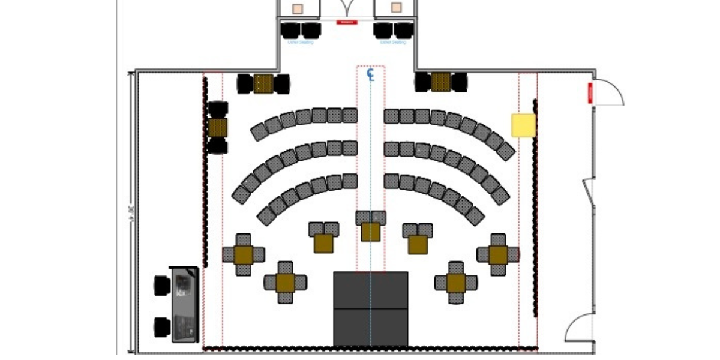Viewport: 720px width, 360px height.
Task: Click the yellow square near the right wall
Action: pos(523,125)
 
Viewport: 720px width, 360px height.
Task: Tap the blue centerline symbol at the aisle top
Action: pos(371,74)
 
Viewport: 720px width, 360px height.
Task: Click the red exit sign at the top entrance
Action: pos(347,22)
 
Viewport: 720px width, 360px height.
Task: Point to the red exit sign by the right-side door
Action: pos(590,93)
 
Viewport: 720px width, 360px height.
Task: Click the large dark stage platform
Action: pos(371,308)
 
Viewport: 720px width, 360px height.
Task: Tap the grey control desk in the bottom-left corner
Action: pos(185,304)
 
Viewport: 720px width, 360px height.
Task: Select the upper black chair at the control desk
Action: pos(162,285)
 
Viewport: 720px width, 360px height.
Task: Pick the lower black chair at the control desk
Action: pos(162,327)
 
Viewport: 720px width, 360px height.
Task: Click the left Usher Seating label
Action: pos(301,43)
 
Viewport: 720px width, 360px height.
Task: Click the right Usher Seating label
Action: pos(393,43)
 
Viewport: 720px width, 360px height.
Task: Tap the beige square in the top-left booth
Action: pos(298,8)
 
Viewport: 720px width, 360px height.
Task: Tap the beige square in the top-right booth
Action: pos(396,8)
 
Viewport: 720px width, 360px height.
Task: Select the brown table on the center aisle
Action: pos(371,232)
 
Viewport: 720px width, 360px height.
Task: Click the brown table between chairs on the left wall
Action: pos(218,127)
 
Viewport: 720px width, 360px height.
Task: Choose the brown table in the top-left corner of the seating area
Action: pos(263,83)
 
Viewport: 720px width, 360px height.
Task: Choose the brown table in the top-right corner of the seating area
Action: pos(441,82)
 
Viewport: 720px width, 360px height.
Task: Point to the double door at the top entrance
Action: pos(347,9)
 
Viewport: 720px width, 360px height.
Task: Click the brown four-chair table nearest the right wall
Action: pos(499,255)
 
